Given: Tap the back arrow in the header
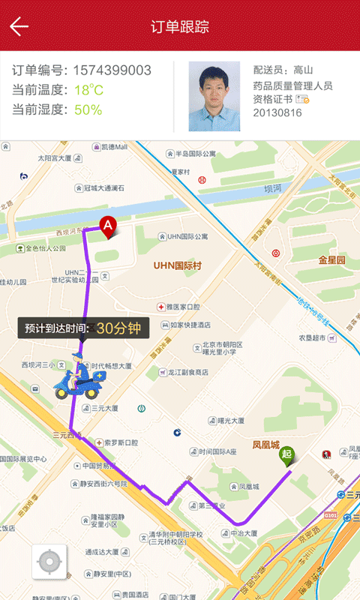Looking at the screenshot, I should point(19,27).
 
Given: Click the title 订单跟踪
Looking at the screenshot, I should point(180,27).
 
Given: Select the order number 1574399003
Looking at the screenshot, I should point(112,71).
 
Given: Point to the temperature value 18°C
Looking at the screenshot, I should point(88,91).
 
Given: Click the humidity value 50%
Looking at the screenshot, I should point(88,110).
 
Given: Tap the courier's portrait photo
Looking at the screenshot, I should point(214,96).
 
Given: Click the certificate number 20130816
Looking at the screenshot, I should point(277,113).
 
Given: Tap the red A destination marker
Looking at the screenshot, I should point(108,225).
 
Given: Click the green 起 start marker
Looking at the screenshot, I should point(286,454).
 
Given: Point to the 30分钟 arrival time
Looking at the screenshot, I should point(118,328).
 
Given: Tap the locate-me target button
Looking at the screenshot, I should point(49,562).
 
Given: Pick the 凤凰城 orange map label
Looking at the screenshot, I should point(265,444).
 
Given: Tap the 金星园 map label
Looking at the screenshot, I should point(331,260).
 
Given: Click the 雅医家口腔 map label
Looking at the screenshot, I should point(182,307).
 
